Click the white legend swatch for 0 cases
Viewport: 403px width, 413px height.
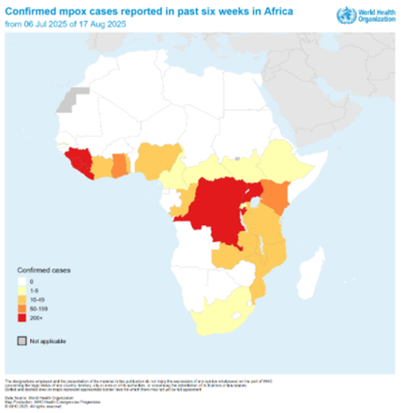coord(22,281)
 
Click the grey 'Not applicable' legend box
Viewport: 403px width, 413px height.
coord(22,341)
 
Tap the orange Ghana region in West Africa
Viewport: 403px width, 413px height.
coord(120,164)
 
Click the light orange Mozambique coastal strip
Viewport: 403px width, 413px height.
coord(260,284)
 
